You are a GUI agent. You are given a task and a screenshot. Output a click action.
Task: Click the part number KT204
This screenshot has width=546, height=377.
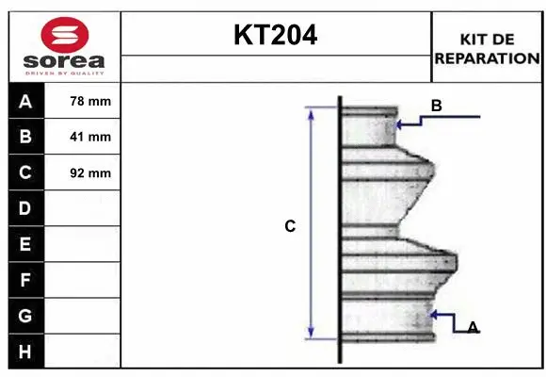(275, 35)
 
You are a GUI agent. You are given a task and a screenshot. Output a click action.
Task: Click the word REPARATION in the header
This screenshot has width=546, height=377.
(487, 57)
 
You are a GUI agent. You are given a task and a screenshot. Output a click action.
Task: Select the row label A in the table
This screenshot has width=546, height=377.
(25, 101)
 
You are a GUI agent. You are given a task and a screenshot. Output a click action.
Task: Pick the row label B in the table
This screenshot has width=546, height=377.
(25, 137)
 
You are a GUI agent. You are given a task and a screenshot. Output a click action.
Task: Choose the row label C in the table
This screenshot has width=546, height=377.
(25, 172)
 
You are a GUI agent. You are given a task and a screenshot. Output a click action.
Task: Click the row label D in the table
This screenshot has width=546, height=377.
(25, 208)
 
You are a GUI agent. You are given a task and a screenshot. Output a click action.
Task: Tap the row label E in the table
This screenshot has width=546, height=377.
(25, 244)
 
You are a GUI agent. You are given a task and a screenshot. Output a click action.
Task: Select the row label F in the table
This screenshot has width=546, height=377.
(25, 280)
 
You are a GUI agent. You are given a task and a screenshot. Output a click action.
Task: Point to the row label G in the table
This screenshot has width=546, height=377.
(25, 316)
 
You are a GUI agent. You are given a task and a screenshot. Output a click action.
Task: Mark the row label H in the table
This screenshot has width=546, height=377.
(25, 352)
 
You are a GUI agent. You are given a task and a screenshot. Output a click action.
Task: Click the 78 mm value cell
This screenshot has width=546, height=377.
(90, 101)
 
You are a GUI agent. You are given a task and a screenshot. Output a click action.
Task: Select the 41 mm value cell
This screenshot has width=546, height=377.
(90, 137)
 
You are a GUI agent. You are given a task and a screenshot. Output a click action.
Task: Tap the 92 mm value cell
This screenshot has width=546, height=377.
(90, 172)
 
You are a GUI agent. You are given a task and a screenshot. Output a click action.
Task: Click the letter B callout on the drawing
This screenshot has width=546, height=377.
(436, 106)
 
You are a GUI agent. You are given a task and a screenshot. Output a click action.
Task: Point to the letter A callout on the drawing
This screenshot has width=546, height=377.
(473, 327)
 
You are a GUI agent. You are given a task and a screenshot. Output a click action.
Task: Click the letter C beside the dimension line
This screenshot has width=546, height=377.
(291, 226)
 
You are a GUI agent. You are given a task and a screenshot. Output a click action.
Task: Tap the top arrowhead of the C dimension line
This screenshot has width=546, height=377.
(311, 112)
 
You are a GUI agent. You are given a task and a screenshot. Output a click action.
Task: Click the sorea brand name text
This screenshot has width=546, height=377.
(64, 61)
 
